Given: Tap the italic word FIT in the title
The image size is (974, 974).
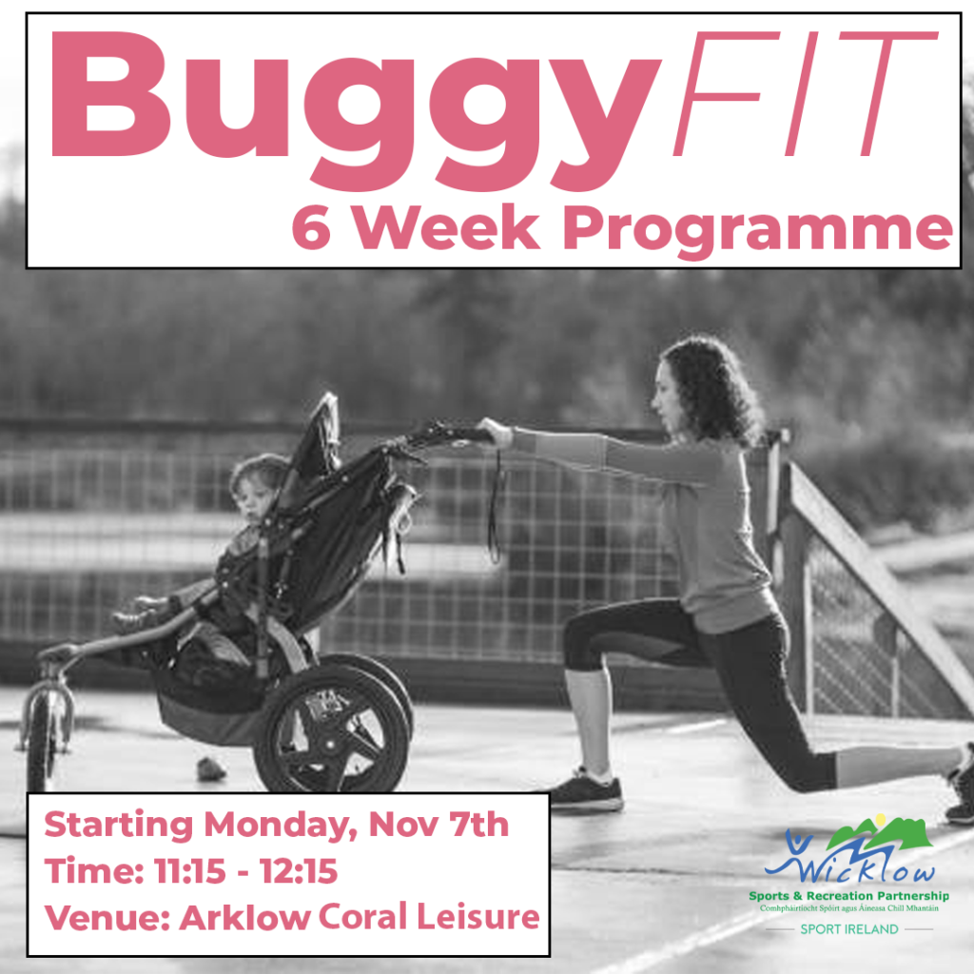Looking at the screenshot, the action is [806, 93].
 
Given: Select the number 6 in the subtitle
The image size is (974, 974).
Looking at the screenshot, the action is [311, 227].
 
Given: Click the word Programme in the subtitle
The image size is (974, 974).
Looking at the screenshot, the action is [757, 231].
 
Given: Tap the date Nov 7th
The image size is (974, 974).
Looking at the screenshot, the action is [438, 825].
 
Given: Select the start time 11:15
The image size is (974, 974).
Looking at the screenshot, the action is [190, 870].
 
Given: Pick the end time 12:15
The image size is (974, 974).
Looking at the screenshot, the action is [299, 870].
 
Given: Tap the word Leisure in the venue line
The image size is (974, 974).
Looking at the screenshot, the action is [477, 917].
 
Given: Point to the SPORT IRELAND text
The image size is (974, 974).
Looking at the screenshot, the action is [849, 929].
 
